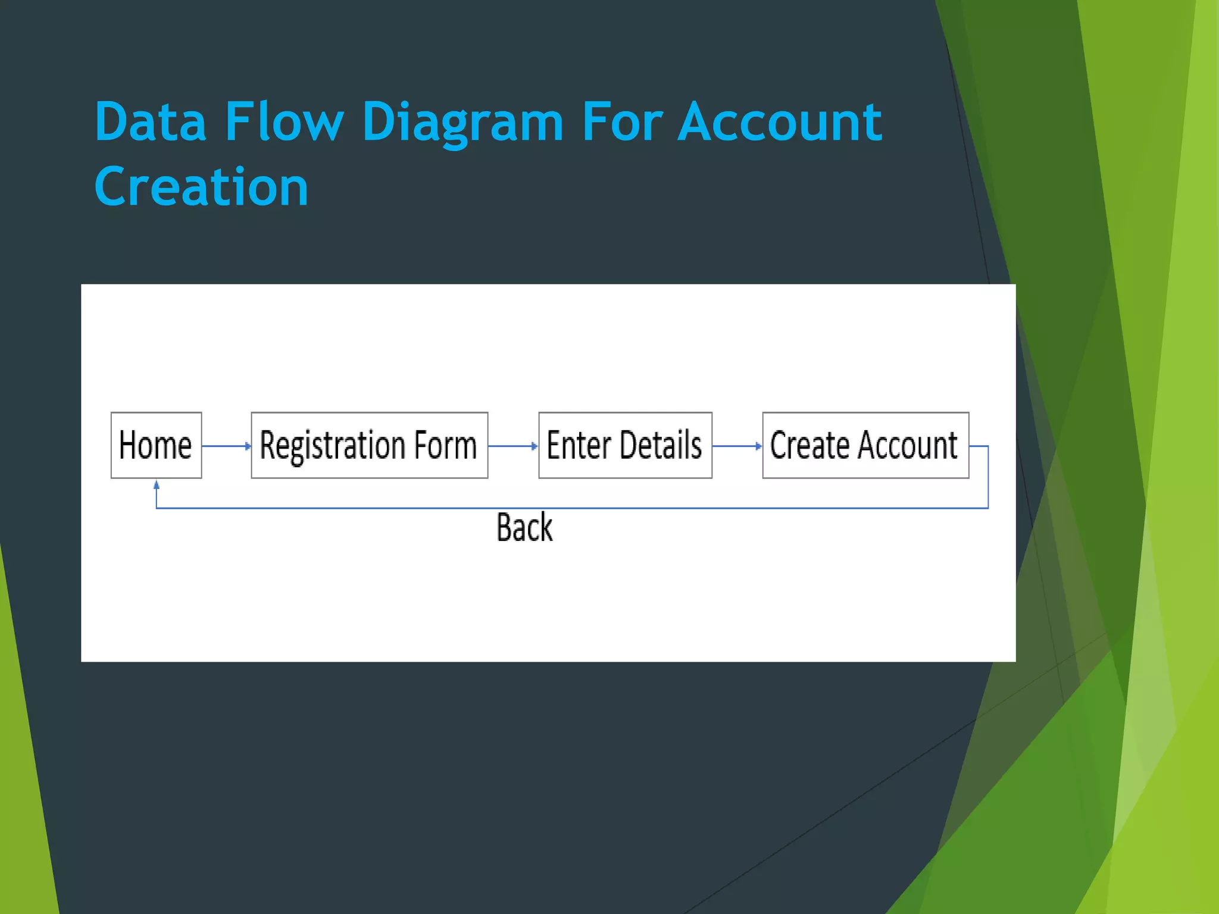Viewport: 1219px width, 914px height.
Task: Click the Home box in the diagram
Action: (x=156, y=445)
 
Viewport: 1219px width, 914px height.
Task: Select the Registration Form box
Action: (x=369, y=445)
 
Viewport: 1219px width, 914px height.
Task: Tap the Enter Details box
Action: (x=625, y=445)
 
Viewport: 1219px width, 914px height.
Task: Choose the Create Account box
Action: (x=865, y=445)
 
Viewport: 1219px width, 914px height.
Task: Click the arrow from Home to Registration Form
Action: (x=226, y=446)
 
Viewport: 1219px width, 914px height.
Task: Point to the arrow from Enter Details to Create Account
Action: (x=737, y=446)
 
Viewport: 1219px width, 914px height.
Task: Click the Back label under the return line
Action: (x=524, y=527)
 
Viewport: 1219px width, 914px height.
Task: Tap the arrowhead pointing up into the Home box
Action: (x=157, y=485)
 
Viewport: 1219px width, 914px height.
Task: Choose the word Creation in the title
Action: (x=201, y=187)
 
